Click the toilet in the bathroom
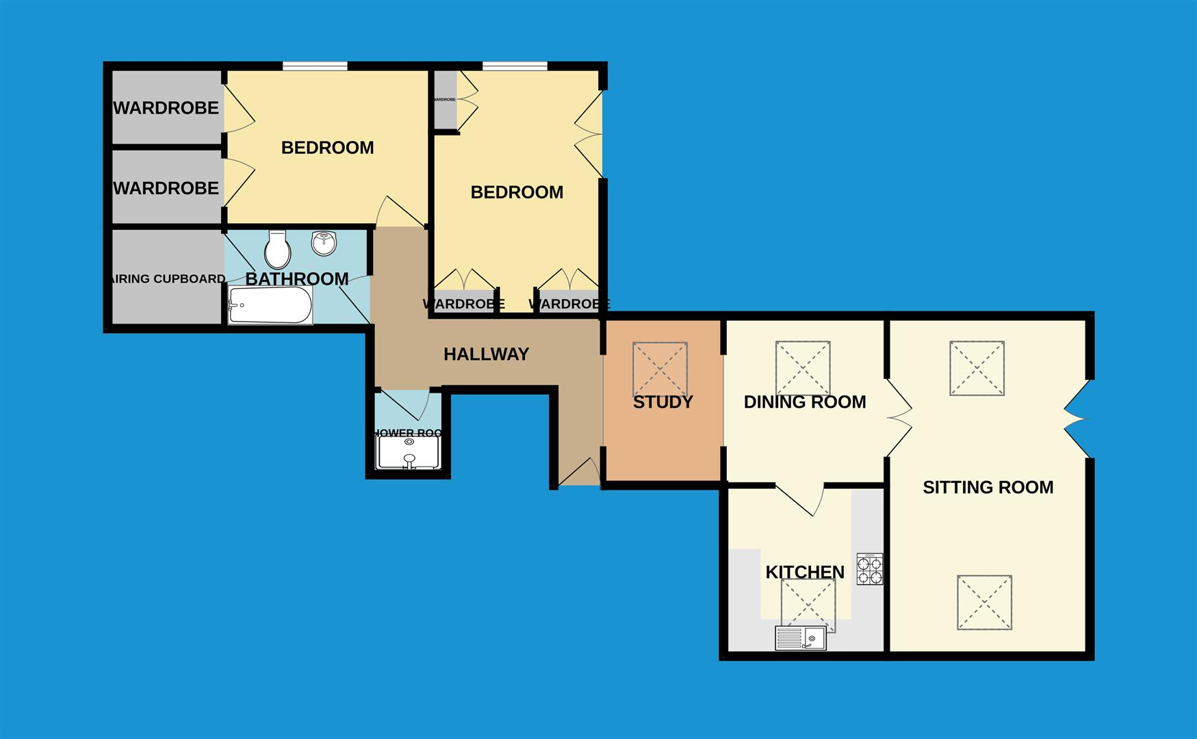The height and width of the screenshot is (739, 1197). pos(278,250)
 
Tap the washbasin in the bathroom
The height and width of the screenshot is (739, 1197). pos(324,243)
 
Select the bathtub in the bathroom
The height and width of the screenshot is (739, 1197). pos(270,305)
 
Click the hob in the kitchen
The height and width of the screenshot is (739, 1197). pos(870,569)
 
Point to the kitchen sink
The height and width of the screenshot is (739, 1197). pos(801,638)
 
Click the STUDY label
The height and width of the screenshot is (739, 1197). pos(662,402)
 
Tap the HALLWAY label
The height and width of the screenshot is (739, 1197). pos(486,354)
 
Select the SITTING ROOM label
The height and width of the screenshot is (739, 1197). pos(988,488)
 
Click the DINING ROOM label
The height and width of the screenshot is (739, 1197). pos(805,402)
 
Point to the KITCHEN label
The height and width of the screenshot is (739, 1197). pos(805,572)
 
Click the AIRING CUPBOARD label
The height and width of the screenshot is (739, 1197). pos(168,279)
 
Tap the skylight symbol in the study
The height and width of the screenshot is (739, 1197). pos(660,369)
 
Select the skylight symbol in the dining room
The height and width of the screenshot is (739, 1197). pos(803,369)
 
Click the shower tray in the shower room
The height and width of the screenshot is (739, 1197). pos(409,454)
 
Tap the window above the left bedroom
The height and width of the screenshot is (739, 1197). pos(315,66)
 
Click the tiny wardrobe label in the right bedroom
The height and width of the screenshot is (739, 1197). pos(444,100)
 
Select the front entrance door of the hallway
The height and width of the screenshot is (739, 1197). pos(580,473)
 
